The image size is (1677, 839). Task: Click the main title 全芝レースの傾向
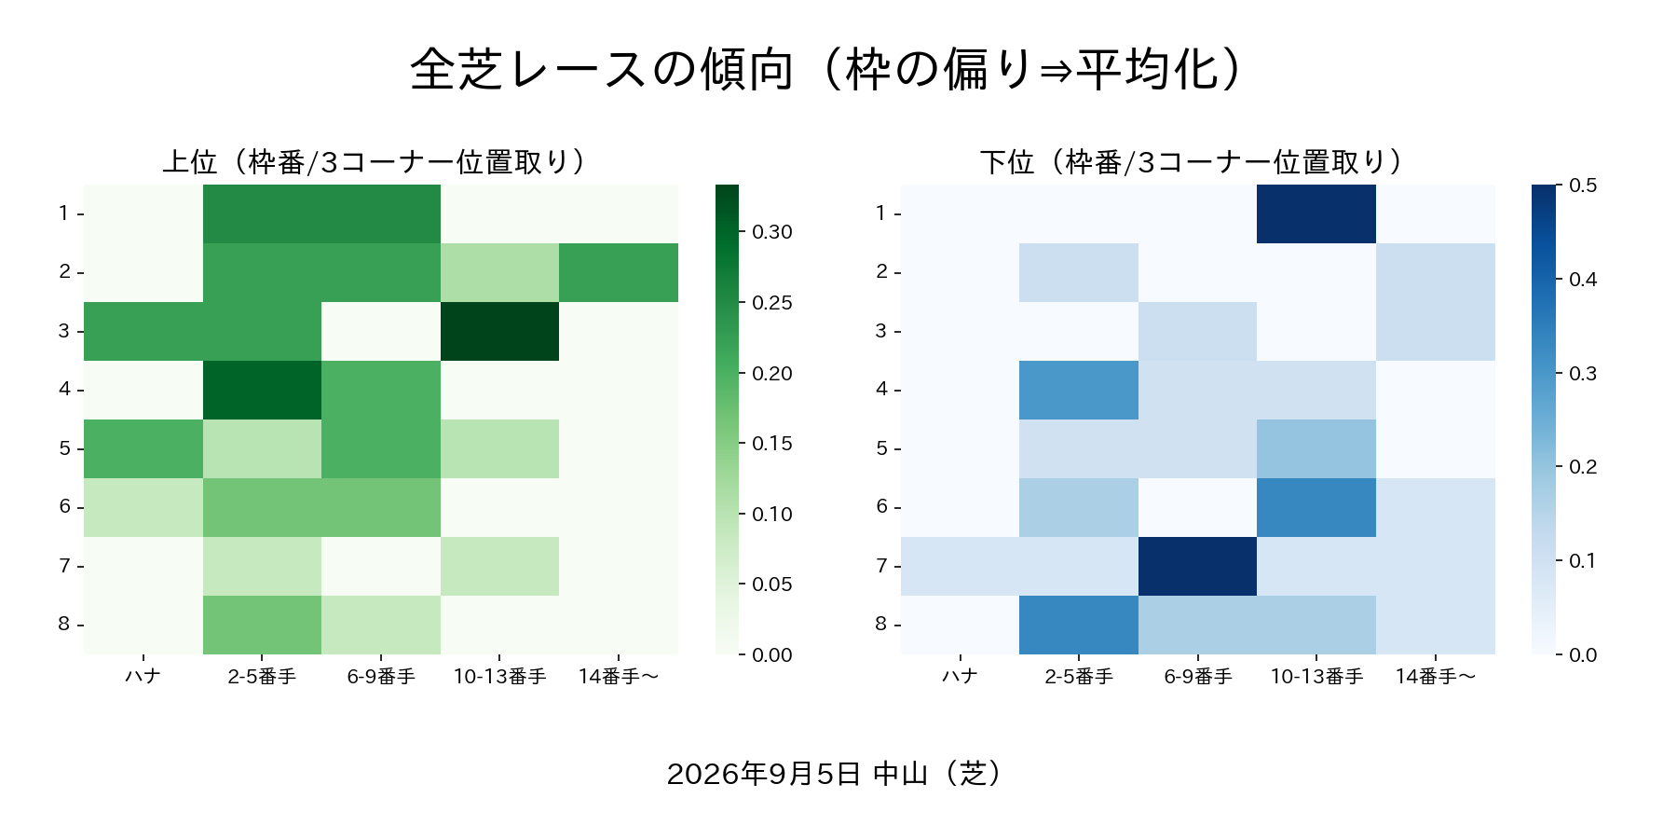pyautogui.click(x=602, y=69)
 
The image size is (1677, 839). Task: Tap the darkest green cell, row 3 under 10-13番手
pyautogui.click(x=499, y=331)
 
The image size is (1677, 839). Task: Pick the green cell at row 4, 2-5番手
pyautogui.click(x=262, y=390)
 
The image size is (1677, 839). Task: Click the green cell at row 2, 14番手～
pyautogui.click(x=619, y=272)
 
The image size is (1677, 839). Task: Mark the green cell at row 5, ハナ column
pyautogui.click(x=143, y=448)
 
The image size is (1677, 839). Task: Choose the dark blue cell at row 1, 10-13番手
pyautogui.click(x=1316, y=213)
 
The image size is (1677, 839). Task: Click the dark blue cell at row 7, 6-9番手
pyautogui.click(x=1197, y=566)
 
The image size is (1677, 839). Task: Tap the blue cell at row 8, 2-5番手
pyautogui.click(x=1079, y=625)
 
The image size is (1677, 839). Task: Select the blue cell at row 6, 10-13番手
pyautogui.click(x=1316, y=507)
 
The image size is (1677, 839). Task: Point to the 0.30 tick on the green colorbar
pyautogui.click(x=743, y=232)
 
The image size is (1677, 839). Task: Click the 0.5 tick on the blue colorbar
pyautogui.click(x=1559, y=186)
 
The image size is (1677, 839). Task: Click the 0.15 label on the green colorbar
pyautogui.click(x=772, y=444)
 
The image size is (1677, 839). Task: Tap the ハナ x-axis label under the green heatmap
pyautogui.click(x=143, y=676)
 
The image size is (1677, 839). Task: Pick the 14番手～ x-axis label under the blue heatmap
pyautogui.click(x=1436, y=676)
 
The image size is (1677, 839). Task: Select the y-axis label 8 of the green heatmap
pyautogui.click(x=64, y=624)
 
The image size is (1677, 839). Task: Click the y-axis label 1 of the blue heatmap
pyautogui.click(x=881, y=213)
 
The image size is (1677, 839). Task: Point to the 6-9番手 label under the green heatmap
pyautogui.click(x=381, y=676)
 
